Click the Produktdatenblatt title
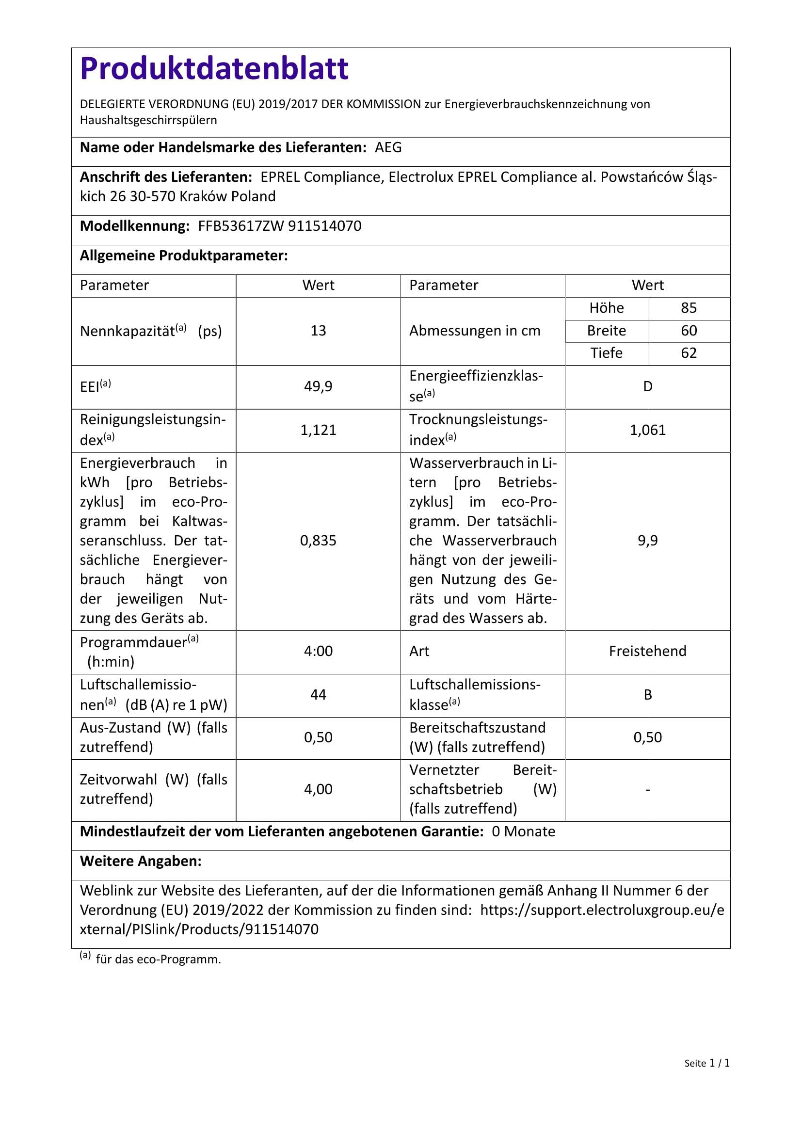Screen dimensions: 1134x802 pyautogui.click(x=214, y=69)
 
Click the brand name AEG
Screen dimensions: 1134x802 pyautogui.click(x=388, y=148)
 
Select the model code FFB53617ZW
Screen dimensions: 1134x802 pyautogui.click(x=241, y=226)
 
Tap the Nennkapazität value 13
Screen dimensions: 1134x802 pyautogui.click(x=318, y=331)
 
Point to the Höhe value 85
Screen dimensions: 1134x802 pyautogui.click(x=689, y=308)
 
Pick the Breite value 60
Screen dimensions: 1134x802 pyautogui.click(x=689, y=331)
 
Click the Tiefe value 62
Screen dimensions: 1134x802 pyautogui.click(x=689, y=353)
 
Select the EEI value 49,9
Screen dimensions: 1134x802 pyautogui.click(x=318, y=387)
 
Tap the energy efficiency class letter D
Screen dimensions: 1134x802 pyautogui.click(x=647, y=387)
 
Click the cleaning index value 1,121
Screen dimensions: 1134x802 pyautogui.click(x=318, y=430)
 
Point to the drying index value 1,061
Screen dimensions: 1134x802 pyautogui.click(x=647, y=430)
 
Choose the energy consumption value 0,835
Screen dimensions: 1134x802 pyautogui.click(x=318, y=541)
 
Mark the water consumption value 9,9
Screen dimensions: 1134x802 pyautogui.click(x=647, y=541)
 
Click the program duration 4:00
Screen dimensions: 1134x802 pyautogui.click(x=318, y=652)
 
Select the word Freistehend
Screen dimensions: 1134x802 pyautogui.click(x=647, y=652)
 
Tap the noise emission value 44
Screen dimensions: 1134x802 pyautogui.click(x=318, y=695)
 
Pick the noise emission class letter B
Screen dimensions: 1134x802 pyautogui.click(x=647, y=695)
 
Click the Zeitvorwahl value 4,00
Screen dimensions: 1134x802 pyautogui.click(x=318, y=789)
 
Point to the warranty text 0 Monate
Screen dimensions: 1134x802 pyautogui.click(x=524, y=832)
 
